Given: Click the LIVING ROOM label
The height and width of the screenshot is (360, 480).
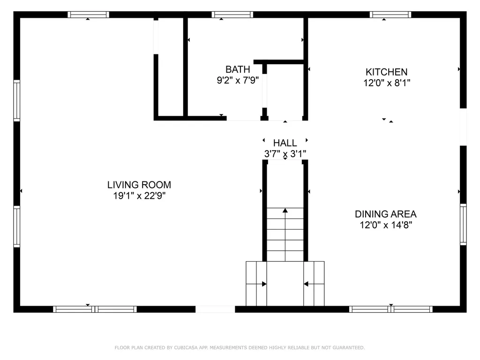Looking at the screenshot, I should tap(139, 185).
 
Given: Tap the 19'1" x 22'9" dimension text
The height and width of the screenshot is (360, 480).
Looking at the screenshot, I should tap(139, 196).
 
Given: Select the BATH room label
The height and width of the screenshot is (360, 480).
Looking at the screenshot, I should tap(238, 69).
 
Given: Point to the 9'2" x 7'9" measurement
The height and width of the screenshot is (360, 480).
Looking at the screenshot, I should tap(238, 81).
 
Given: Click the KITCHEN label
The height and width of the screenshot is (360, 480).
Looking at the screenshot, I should tap(386, 72).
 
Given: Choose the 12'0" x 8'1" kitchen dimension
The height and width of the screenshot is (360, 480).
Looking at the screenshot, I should tap(386, 83).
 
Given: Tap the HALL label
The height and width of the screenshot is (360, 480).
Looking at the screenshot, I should tap(285, 143).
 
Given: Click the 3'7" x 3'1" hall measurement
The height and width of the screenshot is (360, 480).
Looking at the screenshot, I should tap(285, 153).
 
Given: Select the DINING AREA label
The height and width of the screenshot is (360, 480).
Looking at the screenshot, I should tap(385, 214).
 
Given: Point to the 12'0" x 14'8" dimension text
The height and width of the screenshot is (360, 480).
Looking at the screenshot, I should tap(385, 225).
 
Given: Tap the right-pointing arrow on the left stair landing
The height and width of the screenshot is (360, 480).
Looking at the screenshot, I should tap(264, 284).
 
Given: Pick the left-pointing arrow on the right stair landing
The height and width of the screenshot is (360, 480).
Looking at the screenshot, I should tap(306, 284).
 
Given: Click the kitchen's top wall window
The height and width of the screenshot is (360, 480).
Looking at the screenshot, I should tap(390, 15).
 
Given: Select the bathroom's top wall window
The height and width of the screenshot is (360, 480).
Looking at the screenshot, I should tap(232, 15).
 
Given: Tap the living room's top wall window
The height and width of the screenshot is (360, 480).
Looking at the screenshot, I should tap(89, 15).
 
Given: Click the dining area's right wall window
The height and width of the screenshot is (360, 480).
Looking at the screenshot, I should tap(463, 224).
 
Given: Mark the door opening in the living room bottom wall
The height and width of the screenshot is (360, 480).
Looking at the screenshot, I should tap(215, 309).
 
